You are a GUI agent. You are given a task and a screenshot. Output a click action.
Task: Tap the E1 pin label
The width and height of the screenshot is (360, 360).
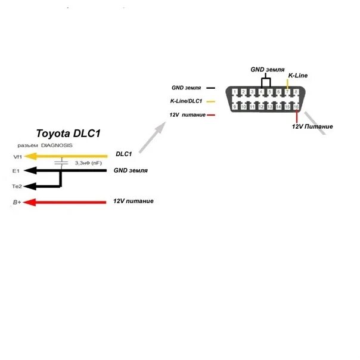[17, 171]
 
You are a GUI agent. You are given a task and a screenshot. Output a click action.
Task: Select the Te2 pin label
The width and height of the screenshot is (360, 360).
[17, 187]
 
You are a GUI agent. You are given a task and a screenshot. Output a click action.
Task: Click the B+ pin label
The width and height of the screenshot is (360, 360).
[17, 203]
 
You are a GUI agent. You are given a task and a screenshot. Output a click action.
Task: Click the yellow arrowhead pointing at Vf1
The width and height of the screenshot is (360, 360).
[32, 156]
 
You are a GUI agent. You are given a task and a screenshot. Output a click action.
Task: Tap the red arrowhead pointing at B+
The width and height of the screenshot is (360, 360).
[32, 202]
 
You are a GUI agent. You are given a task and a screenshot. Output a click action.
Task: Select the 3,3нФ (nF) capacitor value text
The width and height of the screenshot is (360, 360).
[88, 163]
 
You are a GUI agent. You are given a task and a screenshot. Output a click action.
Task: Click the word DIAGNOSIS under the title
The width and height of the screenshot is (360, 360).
[57, 145]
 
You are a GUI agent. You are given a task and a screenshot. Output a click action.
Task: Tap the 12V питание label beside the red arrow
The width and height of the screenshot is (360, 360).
[133, 201]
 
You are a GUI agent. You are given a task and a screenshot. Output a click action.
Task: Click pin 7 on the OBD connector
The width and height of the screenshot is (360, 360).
[288, 92]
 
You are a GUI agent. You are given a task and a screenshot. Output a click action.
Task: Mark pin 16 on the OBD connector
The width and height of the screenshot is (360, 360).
[296, 107]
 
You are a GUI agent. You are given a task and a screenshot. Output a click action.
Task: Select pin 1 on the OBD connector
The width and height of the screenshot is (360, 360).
[236, 92]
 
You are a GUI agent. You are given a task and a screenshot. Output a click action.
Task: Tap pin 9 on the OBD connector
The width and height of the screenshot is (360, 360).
[236, 107]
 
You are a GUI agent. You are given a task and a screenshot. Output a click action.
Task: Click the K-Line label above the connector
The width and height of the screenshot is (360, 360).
[297, 76]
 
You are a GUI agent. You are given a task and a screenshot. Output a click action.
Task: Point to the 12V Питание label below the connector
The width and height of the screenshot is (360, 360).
[312, 126]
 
